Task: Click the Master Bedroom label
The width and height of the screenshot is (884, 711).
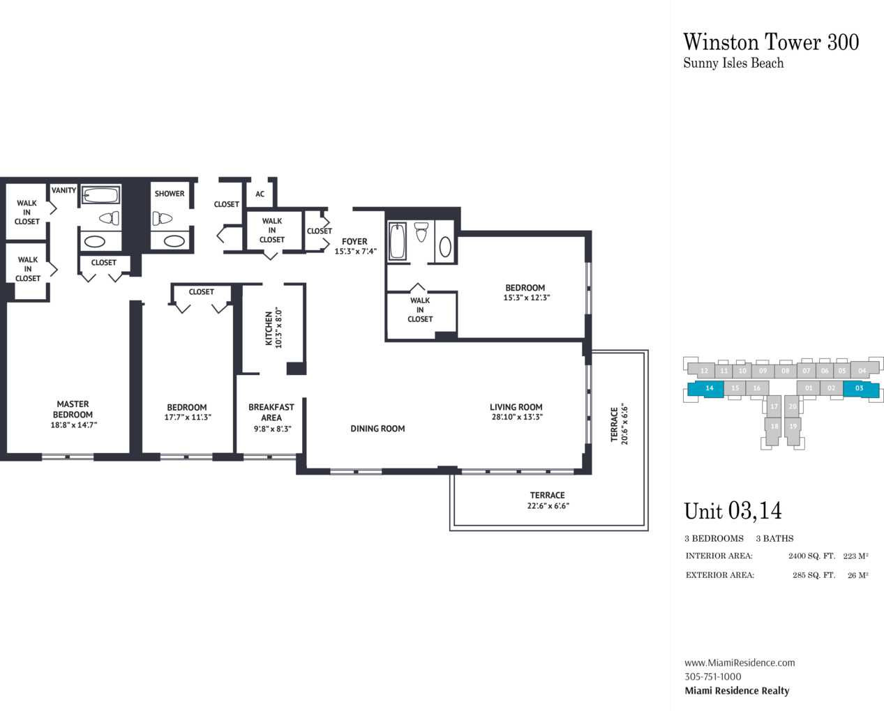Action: click(x=73, y=409)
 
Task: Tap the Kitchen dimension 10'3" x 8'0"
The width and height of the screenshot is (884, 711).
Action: click(x=278, y=328)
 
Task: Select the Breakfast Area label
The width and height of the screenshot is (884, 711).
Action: click(x=271, y=412)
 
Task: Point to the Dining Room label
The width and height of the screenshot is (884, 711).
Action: click(x=377, y=429)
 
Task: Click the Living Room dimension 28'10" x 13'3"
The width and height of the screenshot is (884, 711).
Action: click(x=517, y=417)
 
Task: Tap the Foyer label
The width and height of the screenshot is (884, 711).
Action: click(x=354, y=241)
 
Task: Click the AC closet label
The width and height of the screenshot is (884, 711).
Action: click(x=260, y=194)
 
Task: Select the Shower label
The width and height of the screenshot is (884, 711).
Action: click(x=170, y=193)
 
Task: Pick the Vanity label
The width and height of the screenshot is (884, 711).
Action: click(x=63, y=190)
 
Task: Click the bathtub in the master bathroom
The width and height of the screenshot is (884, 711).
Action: click(x=101, y=194)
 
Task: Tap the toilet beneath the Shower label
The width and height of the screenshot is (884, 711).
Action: click(x=163, y=218)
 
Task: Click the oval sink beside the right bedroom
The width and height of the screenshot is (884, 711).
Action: click(x=445, y=247)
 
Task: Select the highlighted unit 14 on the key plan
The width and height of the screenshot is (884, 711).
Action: click(x=705, y=389)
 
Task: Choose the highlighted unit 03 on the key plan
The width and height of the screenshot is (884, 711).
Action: click(x=861, y=389)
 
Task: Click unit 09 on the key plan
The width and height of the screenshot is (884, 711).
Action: click(x=763, y=371)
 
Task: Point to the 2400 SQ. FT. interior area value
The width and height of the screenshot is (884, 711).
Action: click(x=811, y=556)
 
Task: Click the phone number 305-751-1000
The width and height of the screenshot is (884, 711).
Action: click(x=712, y=677)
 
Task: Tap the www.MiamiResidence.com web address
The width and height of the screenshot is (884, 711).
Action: click(x=740, y=663)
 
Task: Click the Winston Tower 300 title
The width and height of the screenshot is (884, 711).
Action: click(x=771, y=43)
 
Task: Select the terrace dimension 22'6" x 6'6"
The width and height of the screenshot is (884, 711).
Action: click(x=548, y=506)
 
